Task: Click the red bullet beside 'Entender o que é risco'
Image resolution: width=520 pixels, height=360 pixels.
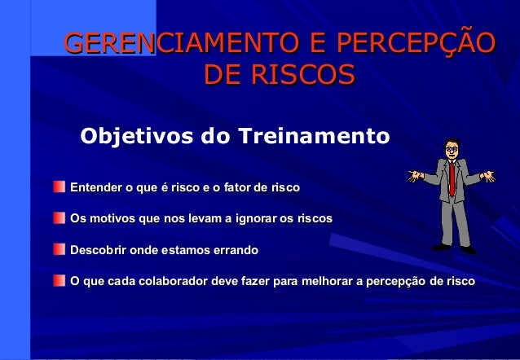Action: click(59, 188)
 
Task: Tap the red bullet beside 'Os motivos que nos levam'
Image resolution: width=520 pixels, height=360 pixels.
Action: click(59, 219)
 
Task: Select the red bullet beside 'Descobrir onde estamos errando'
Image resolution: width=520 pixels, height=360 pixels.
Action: click(59, 249)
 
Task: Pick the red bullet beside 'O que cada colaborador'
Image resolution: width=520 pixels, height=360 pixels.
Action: click(59, 281)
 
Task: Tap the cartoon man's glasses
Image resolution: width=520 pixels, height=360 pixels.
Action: click(452, 148)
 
